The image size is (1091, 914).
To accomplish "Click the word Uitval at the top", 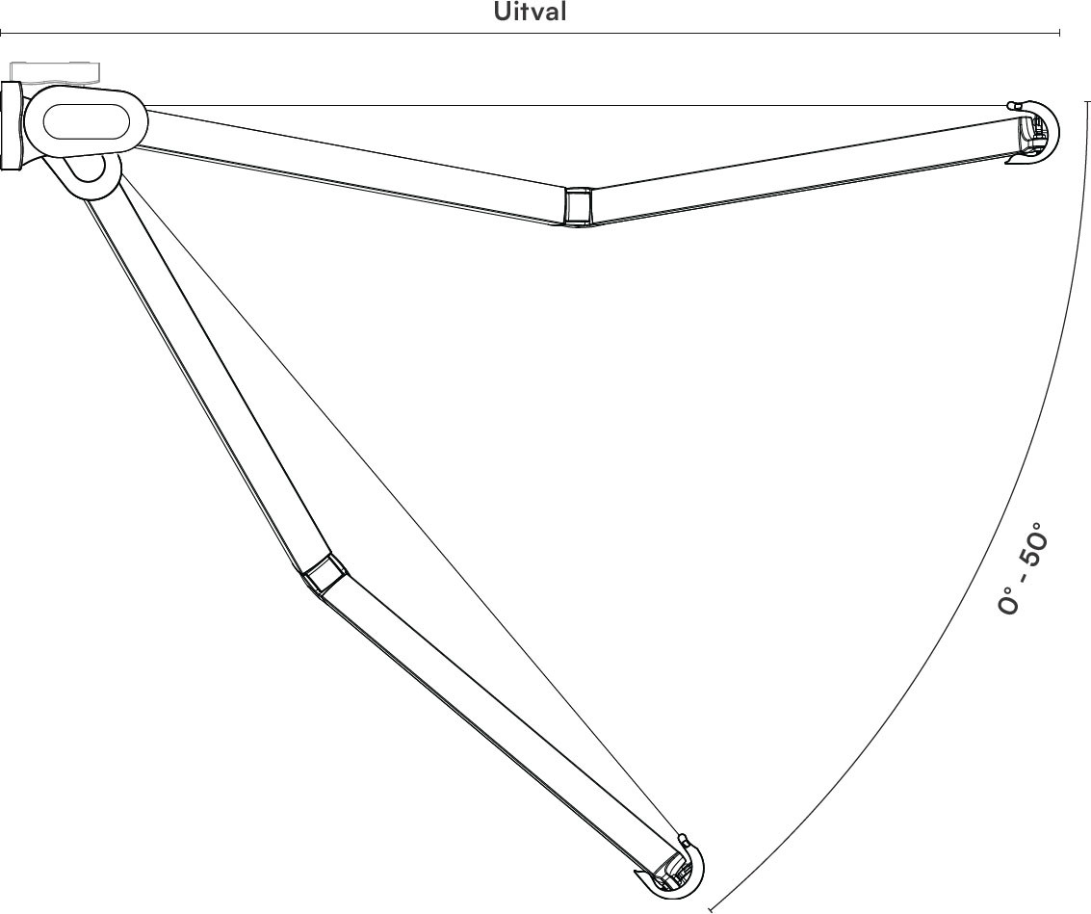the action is (531, 12).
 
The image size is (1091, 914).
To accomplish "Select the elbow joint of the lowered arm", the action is (325, 573).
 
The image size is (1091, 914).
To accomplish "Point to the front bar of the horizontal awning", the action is (1034, 132).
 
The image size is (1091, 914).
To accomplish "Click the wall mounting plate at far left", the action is (12, 125).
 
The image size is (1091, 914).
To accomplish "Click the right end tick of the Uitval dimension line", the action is (1059, 32).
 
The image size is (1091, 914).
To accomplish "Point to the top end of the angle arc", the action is (1087, 101).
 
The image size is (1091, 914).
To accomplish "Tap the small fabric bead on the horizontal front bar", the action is (1011, 105).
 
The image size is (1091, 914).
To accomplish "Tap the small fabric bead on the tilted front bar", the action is (683, 836).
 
